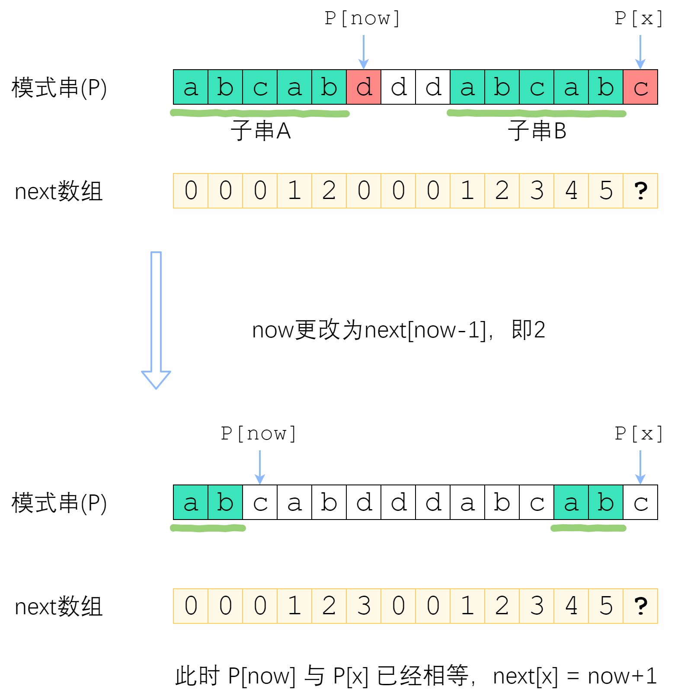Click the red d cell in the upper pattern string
(364, 87)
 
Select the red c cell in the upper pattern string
(640, 87)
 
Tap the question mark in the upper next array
(640, 191)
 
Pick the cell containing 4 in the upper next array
(571, 191)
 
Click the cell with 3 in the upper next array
(537, 191)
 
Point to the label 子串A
(261, 131)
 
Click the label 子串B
(537, 131)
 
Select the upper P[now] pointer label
(362, 19)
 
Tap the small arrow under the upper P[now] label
(364, 52)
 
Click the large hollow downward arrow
(156, 320)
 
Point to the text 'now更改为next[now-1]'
(369, 330)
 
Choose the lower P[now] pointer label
(259, 434)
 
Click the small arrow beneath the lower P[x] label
(640, 467)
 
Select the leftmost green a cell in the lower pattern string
(191, 502)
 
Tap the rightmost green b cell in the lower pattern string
(606, 502)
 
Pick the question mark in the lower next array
(640, 606)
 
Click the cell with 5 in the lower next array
(606, 606)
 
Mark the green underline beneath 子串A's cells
(260, 113)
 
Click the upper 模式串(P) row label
(59, 88)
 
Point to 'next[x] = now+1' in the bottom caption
(575, 676)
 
